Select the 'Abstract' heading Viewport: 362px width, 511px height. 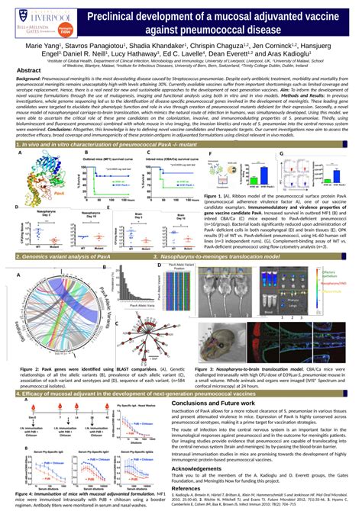point(29,69)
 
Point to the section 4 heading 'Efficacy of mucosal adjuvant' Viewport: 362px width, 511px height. point(115,394)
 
